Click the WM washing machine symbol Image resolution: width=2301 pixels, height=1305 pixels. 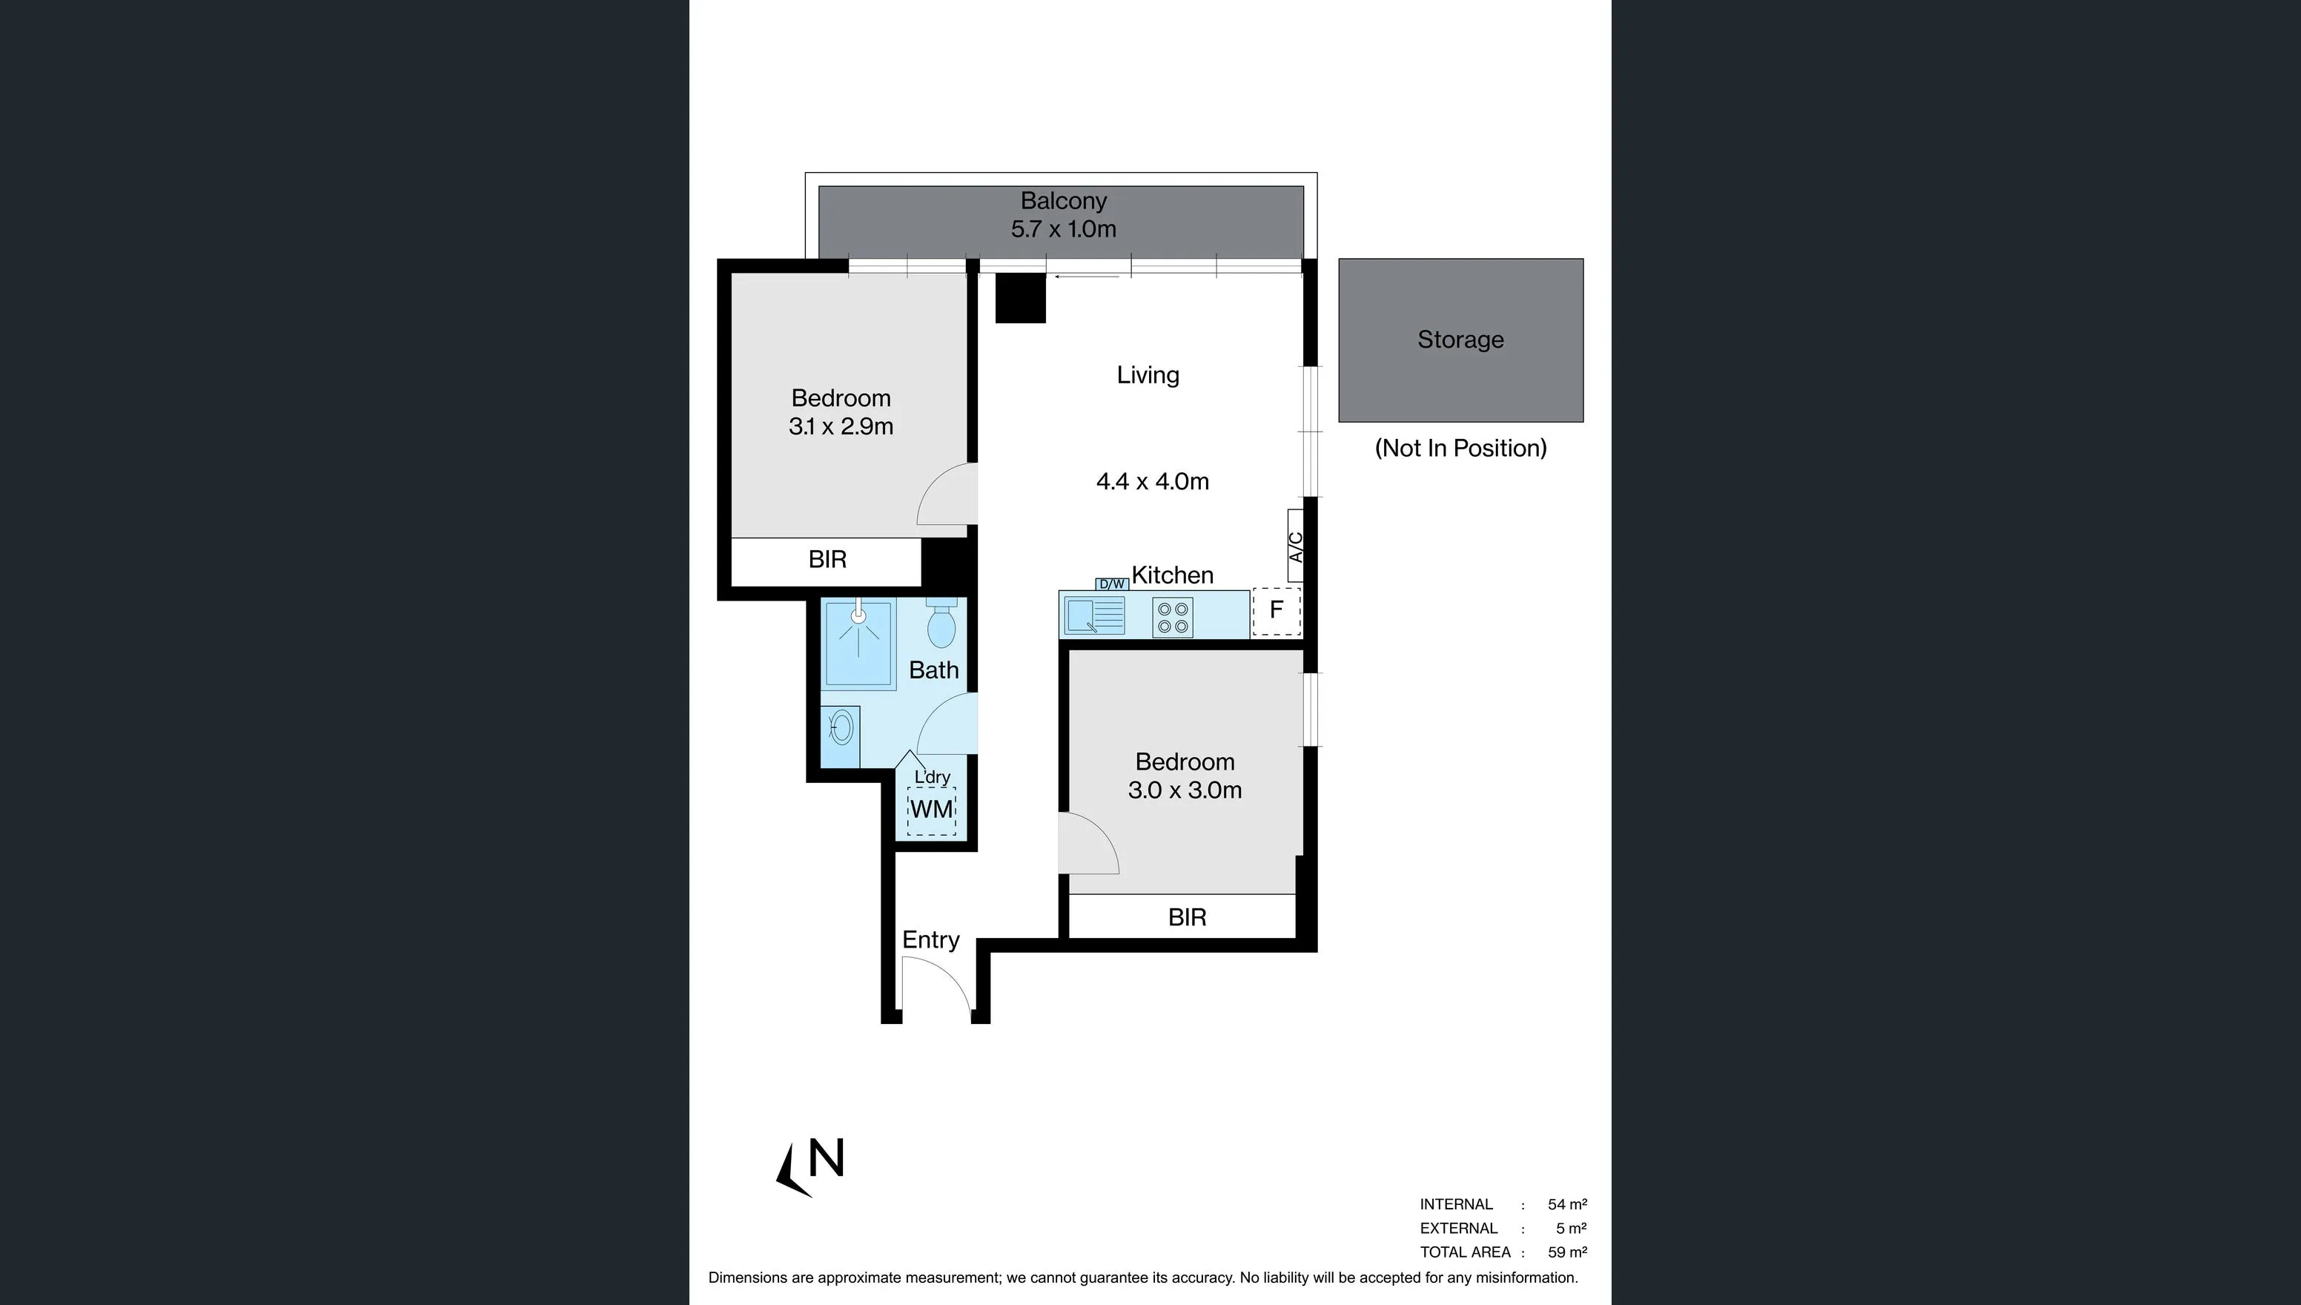[x=931, y=810]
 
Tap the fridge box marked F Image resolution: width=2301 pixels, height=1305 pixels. [x=1276, y=611]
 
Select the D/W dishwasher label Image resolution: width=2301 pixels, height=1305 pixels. [x=1111, y=584]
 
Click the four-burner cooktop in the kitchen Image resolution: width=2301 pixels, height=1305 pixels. [x=1172, y=618]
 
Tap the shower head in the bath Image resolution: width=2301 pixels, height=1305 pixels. [x=858, y=617]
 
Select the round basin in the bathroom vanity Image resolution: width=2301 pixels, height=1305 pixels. [x=841, y=728]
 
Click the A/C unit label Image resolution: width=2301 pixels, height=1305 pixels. [x=1295, y=546]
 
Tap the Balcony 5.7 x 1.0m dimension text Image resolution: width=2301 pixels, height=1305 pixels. [x=1064, y=229]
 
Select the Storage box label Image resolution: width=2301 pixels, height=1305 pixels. [x=1460, y=340]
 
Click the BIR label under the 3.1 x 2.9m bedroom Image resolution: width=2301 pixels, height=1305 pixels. [x=827, y=560]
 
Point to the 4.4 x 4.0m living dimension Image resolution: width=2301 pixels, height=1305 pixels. [x=1152, y=482]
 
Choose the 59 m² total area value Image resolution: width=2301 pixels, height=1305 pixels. [x=1566, y=1252]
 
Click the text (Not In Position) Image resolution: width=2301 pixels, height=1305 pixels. [x=1460, y=448]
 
